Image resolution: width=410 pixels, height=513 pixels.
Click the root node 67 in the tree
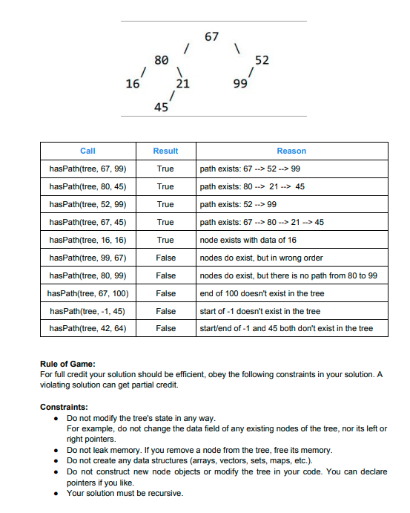pyautogui.click(x=212, y=36)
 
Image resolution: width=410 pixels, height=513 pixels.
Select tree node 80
pyautogui.click(x=160, y=59)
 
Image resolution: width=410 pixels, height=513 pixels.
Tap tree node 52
pyautogui.click(x=262, y=59)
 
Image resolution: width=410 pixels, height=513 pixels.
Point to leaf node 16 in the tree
pyautogui.click(x=133, y=84)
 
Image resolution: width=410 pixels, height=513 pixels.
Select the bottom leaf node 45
pyautogui.click(x=160, y=108)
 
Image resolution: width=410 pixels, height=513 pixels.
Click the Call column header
pyautogui.click(x=87, y=151)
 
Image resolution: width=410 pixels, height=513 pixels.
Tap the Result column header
pyautogui.click(x=165, y=151)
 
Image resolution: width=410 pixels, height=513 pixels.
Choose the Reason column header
pyautogui.click(x=291, y=151)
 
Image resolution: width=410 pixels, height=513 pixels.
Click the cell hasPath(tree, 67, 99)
pyautogui.click(x=87, y=169)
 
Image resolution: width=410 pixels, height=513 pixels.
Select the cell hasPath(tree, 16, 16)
pyautogui.click(x=87, y=240)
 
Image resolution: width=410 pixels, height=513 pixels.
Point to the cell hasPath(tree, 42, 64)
pyautogui.click(x=87, y=327)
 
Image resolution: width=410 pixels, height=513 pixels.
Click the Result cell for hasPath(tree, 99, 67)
pyautogui.click(x=165, y=258)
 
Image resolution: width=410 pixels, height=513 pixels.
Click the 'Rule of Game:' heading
pyautogui.click(x=67, y=364)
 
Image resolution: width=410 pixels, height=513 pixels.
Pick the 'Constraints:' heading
pyautogui.click(x=65, y=408)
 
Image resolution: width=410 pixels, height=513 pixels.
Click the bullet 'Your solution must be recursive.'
pyautogui.click(x=125, y=493)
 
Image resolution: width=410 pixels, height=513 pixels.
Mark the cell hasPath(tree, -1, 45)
pyautogui.click(x=87, y=310)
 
